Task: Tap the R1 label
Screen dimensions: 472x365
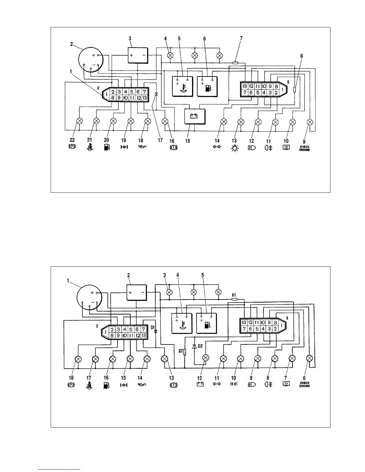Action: (x=234, y=295)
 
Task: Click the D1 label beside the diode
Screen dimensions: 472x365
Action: (x=152, y=328)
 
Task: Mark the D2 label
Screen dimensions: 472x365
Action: (x=200, y=346)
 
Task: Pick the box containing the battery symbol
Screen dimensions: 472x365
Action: (x=195, y=116)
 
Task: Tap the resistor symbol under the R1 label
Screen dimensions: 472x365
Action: (x=235, y=299)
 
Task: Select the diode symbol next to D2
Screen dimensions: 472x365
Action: (x=194, y=346)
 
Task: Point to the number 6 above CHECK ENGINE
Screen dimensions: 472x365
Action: (x=304, y=378)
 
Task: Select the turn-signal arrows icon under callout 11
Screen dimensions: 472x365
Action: (x=217, y=384)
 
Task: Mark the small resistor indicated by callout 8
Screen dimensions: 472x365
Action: (x=295, y=89)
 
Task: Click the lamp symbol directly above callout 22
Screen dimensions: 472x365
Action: (x=80, y=121)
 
